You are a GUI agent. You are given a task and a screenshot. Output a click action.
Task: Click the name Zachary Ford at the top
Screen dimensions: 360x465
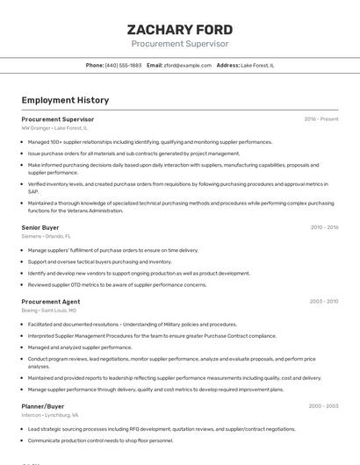(x=179, y=28)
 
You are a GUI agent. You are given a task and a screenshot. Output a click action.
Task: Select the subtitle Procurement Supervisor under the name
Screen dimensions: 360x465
(x=179, y=44)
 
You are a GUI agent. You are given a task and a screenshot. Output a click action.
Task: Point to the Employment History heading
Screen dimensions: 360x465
(x=65, y=100)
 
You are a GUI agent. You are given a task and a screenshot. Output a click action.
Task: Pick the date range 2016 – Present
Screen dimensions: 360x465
(x=320, y=118)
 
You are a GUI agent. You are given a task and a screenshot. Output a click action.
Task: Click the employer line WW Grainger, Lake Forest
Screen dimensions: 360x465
(x=54, y=128)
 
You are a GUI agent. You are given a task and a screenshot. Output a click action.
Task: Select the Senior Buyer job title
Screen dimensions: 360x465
(x=40, y=227)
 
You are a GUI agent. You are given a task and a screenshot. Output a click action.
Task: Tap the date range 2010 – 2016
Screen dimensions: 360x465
(x=324, y=227)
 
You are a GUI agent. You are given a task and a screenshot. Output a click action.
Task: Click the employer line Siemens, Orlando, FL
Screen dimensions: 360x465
(x=47, y=236)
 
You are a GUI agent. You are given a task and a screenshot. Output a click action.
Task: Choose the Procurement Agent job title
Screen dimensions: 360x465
(x=50, y=302)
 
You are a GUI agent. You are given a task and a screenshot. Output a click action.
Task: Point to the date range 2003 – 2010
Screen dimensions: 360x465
(x=324, y=302)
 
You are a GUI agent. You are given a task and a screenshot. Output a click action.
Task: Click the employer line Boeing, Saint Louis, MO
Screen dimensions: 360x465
(x=48, y=311)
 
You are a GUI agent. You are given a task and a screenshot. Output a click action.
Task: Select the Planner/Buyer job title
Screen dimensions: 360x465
(x=43, y=406)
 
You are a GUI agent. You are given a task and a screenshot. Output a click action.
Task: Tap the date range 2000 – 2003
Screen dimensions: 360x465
(x=323, y=406)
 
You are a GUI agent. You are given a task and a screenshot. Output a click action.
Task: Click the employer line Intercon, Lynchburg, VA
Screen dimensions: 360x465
(x=50, y=415)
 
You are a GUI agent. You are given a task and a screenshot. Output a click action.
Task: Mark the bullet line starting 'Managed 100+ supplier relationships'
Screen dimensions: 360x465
(x=149, y=141)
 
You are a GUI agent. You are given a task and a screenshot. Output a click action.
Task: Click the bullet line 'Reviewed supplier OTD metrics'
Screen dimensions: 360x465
(x=117, y=284)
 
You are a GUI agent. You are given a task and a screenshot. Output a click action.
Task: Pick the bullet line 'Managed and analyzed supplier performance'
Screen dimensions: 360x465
(x=86, y=347)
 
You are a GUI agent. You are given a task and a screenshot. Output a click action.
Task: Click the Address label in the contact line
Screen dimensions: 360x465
(x=227, y=66)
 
